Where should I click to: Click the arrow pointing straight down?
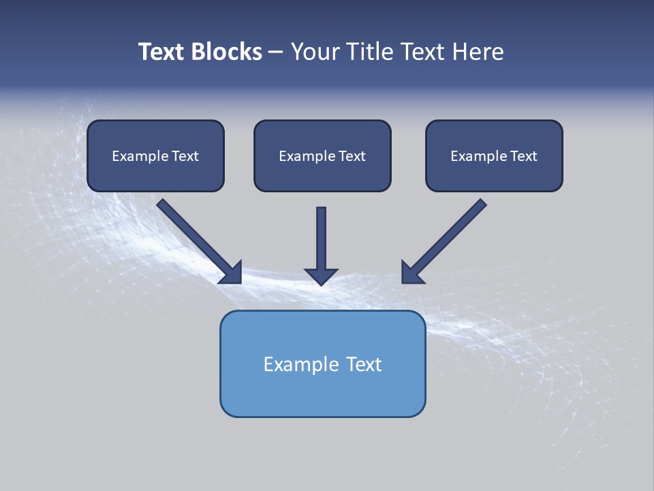pyautogui.click(x=321, y=239)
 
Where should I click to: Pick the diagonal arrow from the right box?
pyautogui.click(x=450, y=236)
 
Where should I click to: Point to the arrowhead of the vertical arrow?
pyautogui.click(x=321, y=276)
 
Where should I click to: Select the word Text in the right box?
pyautogui.click(x=523, y=156)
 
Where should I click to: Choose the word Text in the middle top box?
pyautogui.click(x=352, y=156)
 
